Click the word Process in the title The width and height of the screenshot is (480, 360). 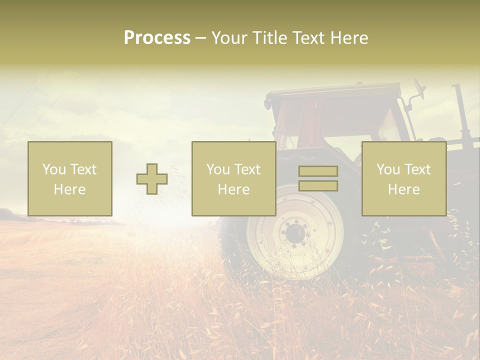(x=157, y=38)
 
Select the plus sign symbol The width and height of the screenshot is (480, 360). (x=152, y=179)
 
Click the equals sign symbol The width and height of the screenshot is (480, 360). (x=318, y=178)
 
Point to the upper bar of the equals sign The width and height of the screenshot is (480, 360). (x=318, y=171)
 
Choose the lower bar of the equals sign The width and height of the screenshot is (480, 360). (x=318, y=186)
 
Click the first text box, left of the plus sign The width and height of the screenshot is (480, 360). (x=70, y=179)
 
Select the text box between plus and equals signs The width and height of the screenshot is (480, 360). (x=234, y=179)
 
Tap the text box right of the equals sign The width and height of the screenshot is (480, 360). (x=404, y=179)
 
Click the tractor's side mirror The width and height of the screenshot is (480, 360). (x=419, y=89)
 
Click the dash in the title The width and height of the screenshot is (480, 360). (x=200, y=38)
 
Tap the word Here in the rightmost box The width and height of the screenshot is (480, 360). (x=404, y=189)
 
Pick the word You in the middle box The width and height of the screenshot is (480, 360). (x=218, y=169)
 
